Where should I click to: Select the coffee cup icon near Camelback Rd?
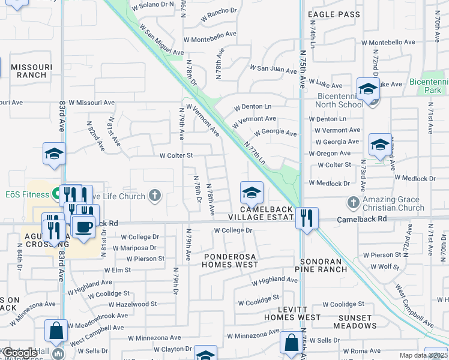(x=83, y=227)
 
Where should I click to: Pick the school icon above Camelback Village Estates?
(x=252, y=193)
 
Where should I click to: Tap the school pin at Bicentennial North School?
(x=367, y=89)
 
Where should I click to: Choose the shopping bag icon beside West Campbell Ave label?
(x=56, y=330)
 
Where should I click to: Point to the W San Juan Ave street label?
(x=273, y=70)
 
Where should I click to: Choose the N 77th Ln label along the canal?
(x=255, y=152)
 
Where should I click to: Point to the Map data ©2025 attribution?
(x=423, y=355)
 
